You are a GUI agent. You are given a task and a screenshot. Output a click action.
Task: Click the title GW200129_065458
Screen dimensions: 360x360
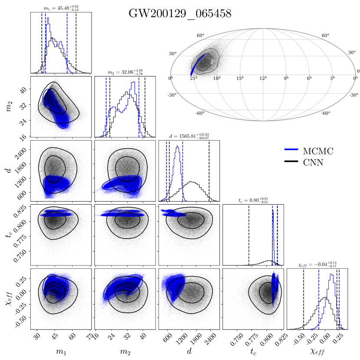(x=180, y=13)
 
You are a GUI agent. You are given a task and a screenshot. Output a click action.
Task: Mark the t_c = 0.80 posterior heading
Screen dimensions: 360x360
(x=253, y=200)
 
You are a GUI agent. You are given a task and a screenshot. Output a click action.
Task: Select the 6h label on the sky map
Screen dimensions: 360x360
(x=309, y=78)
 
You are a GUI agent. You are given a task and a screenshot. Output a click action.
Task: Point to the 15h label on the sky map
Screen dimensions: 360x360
(x=239, y=78)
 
